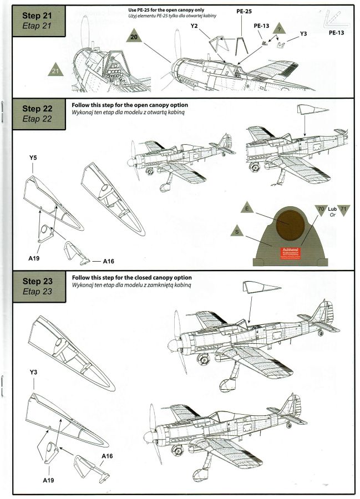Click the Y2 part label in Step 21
click(x=194, y=26)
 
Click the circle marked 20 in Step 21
click(x=134, y=37)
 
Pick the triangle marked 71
click(x=343, y=210)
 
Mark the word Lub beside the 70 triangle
click(x=332, y=209)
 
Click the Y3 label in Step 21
click(x=303, y=34)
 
